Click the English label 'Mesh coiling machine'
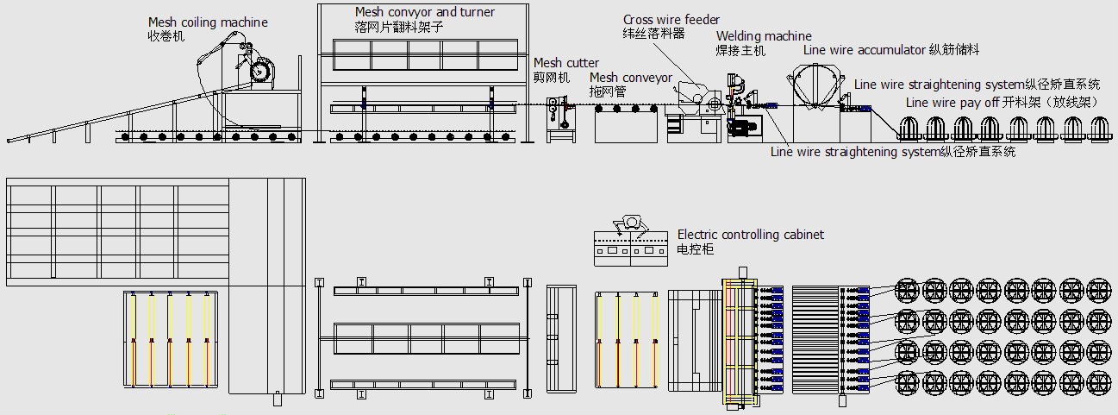coord(208,22)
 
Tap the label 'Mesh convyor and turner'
coord(425,12)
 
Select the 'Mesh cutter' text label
coord(565,63)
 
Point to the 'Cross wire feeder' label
coord(671,20)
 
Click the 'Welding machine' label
coord(764,36)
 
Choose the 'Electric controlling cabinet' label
coord(750,235)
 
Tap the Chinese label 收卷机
coord(166,36)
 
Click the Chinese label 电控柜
coord(696,248)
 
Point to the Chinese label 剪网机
coord(552,77)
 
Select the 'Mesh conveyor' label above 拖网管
coord(630,78)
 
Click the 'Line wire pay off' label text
coord(952,103)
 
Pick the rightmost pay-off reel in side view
coord(1098,130)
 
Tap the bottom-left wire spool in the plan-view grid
coord(908,380)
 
